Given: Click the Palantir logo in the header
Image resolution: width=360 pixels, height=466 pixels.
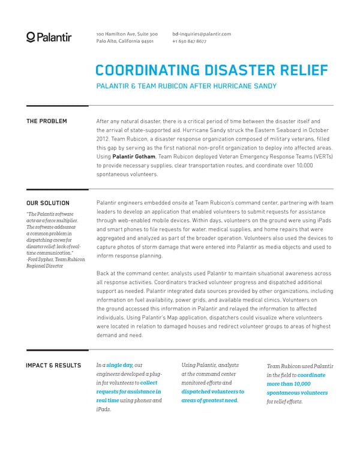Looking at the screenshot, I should coord(49,37).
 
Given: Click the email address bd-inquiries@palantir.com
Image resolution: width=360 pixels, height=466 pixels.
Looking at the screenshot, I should coord(201,34).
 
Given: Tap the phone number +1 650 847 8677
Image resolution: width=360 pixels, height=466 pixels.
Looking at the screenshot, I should coord(189,41).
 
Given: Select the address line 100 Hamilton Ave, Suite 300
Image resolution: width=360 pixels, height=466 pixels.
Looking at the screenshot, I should coord(127,34).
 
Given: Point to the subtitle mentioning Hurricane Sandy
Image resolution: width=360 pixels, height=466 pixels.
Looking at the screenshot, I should coord(186,86).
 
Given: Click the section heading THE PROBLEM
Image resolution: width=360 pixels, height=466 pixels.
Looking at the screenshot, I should coord(46,121).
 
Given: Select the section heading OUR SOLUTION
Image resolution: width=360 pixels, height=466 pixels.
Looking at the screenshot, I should coord(47,203).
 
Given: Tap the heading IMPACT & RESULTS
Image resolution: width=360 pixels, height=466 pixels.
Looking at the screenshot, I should coord(53,365).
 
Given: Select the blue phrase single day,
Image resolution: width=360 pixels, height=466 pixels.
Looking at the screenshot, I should coord(119,365).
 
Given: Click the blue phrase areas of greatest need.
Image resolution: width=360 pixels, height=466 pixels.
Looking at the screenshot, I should coord(209,401).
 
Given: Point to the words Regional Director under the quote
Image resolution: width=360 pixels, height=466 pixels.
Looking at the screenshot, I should coord(45,265).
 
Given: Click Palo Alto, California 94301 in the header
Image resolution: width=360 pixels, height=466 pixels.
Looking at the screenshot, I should coord(125,41).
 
